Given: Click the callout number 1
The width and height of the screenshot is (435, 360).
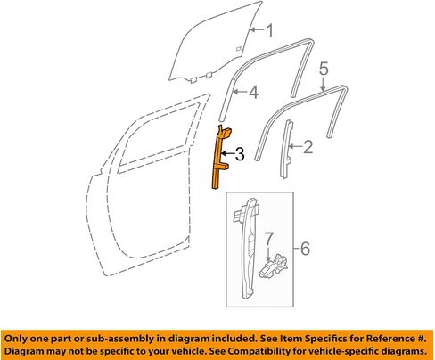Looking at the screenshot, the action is point(269,30).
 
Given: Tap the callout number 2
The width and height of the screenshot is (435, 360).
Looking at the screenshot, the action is point(308,147).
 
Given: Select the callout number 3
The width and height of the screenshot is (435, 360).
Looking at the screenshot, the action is point(240,154).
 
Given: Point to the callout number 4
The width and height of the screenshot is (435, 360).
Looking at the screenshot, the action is point(253,93).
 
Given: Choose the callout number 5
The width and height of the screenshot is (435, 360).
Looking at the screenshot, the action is point(324,70).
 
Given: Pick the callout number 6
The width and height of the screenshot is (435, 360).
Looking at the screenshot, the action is point(305,248).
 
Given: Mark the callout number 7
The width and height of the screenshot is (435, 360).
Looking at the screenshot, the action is point(268,239).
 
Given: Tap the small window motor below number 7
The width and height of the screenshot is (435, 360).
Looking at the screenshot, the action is point(273,266).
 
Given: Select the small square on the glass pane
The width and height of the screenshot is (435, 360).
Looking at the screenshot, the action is point(239,48).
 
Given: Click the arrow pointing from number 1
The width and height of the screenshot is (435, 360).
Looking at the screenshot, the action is point(258,29).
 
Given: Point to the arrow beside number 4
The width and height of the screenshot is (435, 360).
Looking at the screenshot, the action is point(240,92).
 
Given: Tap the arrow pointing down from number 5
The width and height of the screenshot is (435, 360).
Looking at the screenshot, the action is point(324,83).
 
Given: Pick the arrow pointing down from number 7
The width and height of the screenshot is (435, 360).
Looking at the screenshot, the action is point(268,253).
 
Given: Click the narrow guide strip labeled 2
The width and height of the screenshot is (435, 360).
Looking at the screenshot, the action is point(286,149).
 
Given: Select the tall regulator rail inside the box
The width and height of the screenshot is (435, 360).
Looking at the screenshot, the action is point(247,249).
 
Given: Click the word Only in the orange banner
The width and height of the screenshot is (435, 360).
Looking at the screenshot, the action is point(14,339).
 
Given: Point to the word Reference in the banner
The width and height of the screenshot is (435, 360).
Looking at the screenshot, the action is point(388,339).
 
